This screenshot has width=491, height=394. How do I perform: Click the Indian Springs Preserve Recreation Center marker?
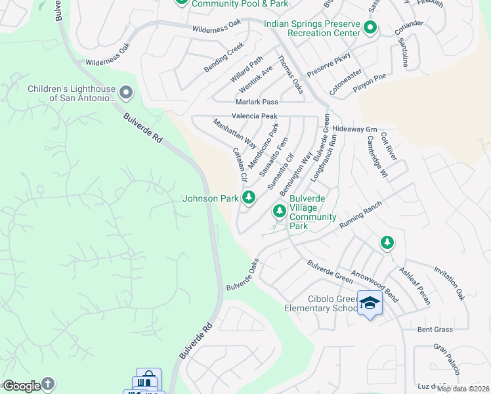point(370,28)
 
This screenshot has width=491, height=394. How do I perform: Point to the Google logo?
point(21,385)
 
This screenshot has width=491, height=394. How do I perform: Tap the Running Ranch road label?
point(360,215)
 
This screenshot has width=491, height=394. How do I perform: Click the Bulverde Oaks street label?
point(244,276)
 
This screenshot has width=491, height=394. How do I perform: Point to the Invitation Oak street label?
point(449,283)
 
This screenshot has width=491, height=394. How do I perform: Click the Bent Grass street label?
point(435,328)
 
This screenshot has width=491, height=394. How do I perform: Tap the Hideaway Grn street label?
point(354,129)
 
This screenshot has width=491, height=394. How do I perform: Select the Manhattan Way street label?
point(234,133)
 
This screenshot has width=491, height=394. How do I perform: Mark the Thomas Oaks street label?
point(289,74)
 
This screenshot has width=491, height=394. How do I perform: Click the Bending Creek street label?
point(224,58)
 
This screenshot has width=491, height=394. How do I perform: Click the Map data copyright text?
point(463,389)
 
